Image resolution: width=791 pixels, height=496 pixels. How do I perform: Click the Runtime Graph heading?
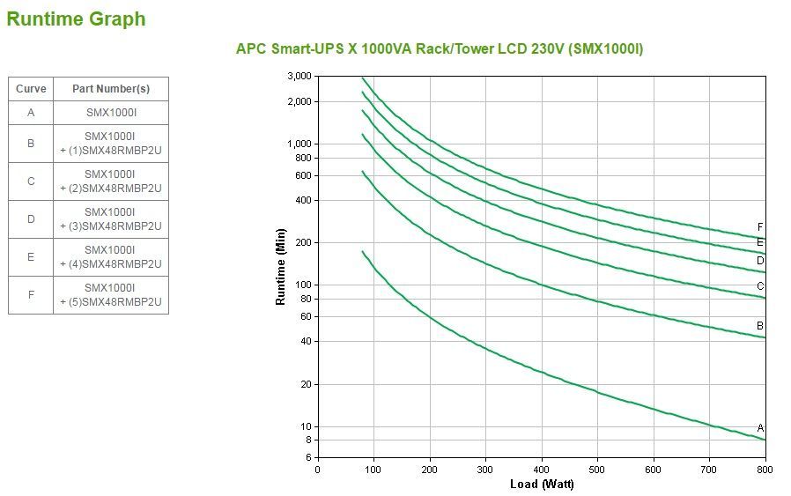tap(76, 19)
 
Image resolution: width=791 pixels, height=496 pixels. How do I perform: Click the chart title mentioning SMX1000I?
tap(439, 48)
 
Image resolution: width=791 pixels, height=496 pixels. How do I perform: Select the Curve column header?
tap(31, 89)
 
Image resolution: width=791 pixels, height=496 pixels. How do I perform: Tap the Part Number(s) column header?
tap(111, 89)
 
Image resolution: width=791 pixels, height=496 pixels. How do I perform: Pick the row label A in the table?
tap(31, 112)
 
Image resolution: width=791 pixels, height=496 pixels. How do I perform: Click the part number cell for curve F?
tap(111, 295)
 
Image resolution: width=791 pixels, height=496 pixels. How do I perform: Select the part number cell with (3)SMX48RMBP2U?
tap(111, 219)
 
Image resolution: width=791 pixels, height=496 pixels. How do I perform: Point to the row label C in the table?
tap(31, 181)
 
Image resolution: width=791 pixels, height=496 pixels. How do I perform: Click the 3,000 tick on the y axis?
tap(299, 77)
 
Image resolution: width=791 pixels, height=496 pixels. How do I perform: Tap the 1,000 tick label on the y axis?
tap(299, 144)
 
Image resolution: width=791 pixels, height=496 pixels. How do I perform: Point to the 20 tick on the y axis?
tap(305, 384)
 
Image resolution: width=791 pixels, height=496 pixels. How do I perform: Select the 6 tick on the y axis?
tap(307, 457)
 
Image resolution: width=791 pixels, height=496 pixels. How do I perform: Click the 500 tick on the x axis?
tap(597, 469)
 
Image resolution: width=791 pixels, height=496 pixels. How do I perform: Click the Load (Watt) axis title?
tap(541, 484)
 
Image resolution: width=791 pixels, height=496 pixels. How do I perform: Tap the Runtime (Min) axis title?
tap(281, 267)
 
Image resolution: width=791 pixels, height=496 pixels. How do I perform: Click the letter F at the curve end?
tap(760, 227)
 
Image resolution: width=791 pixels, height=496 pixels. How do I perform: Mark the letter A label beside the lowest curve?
tap(760, 428)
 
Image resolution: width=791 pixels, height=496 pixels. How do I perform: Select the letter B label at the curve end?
tap(760, 326)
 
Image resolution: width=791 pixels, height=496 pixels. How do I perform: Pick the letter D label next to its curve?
tap(760, 260)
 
